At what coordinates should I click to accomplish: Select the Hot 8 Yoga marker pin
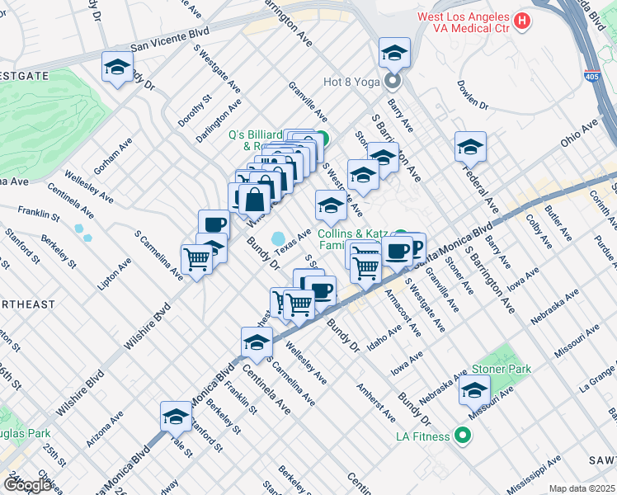tap(393, 82)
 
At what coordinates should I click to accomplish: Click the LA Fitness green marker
tap(463, 436)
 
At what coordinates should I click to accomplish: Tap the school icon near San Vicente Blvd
tap(117, 68)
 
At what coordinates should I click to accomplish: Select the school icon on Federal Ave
tap(470, 148)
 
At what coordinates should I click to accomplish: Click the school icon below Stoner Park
tap(474, 390)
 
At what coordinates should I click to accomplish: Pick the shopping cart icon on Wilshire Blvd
tap(196, 260)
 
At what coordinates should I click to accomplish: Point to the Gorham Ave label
tap(113, 155)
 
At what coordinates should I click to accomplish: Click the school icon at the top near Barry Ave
tap(395, 53)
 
